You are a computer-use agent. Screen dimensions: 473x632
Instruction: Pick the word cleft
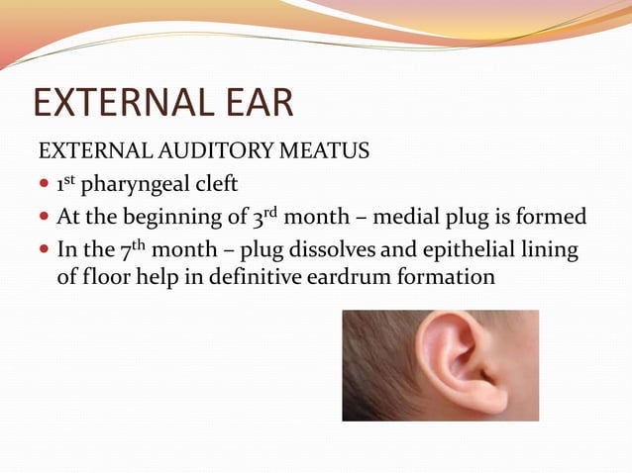(217, 185)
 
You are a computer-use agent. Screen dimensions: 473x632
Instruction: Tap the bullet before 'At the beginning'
(44, 217)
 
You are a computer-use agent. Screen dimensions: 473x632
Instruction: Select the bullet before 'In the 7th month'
(44, 250)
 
